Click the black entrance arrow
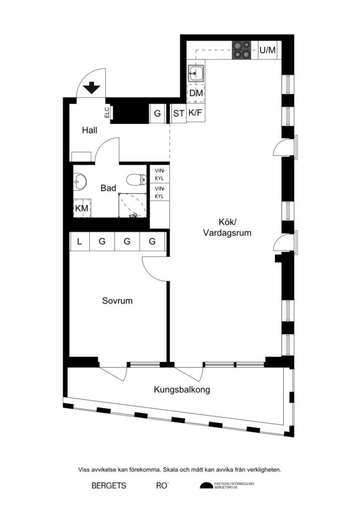pyautogui.click(x=92, y=88)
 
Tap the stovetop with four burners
pyautogui.click(x=243, y=50)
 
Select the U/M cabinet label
pyautogui.click(x=267, y=50)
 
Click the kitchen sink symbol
pyautogui.click(x=195, y=74)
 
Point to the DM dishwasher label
pyautogui.click(x=196, y=93)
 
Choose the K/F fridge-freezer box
pyautogui.click(x=195, y=113)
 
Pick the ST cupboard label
pyautogui.click(x=178, y=113)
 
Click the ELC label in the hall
pyautogui.click(x=107, y=113)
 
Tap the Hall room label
pyautogui.click(x=90, y=130)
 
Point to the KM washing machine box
pyautogui.click(x=82, y=209)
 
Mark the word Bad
pyautogui.click(x=108, y=188)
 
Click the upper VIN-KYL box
pyautogui.click(x=160, y=174)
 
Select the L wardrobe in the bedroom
pyautogui.click(x=80, y=242)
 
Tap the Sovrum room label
pyautogui.click(x=117, y=301)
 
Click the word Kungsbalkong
pyautogui.click(x=181, y=390)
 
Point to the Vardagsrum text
pyautogui.click(x=227, y=232)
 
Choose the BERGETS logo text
pyautogui.click(x=108, y=485)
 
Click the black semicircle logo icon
pyautogui.click(x=205, y=486)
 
